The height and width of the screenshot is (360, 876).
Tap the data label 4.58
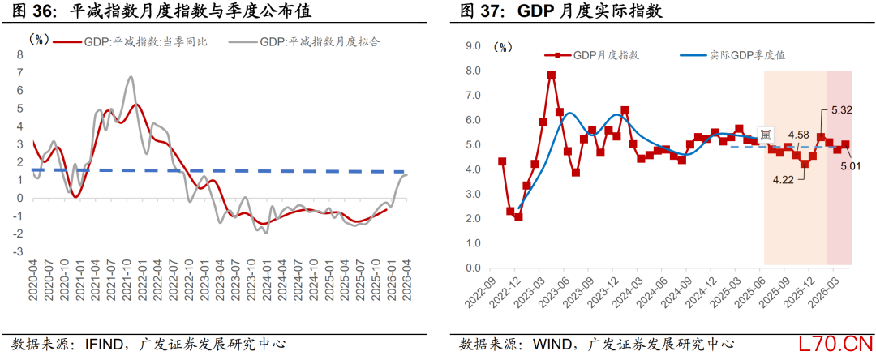pos(798,135)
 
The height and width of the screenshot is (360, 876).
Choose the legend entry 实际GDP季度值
pos(737,55)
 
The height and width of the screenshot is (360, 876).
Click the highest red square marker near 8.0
pos(551,75)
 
